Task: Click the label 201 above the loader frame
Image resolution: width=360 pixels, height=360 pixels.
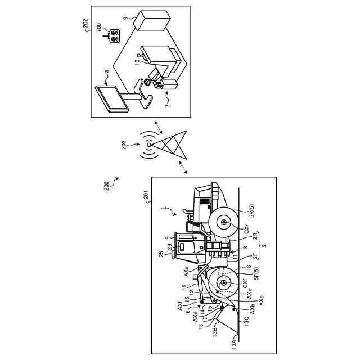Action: click(146, 195)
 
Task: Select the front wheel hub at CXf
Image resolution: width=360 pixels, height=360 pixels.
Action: click(224, 283)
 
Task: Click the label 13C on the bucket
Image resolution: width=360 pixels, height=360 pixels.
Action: click(245, 319)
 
